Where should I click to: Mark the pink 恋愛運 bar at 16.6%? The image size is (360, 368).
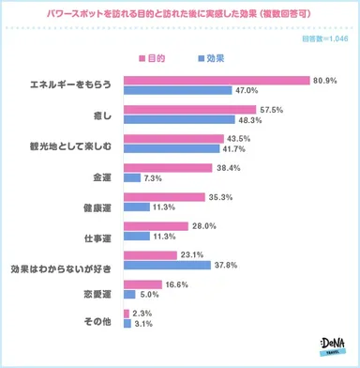(x=139, y=284)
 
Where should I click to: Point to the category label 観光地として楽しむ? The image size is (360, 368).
(x=65, y=145)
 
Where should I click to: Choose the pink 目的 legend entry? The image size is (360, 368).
(x=150, y=58)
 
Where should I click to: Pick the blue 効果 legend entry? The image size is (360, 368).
(x=209, y=58)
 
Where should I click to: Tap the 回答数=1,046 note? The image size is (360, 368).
(x=325, y=38)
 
